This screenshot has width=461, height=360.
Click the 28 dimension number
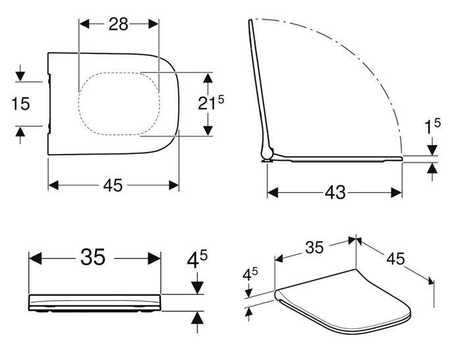point(119,24)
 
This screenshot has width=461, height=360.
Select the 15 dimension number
point(20,103)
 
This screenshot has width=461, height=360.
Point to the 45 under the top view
point(113,186)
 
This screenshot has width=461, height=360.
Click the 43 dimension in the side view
point(335,192)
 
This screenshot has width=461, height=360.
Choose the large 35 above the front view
point(93,257)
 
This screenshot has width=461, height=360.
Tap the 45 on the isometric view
point(395,259)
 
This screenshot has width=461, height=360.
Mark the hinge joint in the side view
point(266,155)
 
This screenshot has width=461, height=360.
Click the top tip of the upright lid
point(251,22)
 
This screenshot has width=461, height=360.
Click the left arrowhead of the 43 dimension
point(271,192)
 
